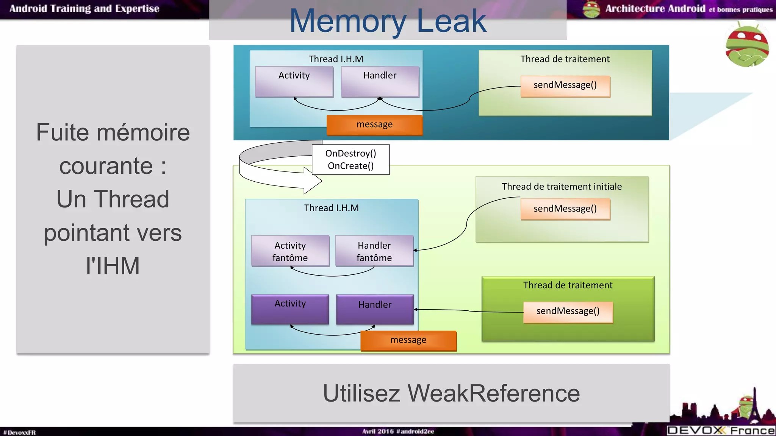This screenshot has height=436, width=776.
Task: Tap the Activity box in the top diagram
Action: tap(294, 81)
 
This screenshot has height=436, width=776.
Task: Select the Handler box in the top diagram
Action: tap(380, 81)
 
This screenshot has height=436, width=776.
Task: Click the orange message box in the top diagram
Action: tap(374, 125)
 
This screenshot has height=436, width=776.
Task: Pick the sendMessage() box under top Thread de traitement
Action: tap(565, 86)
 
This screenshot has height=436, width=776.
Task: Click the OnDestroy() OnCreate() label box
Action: tap(350, 159)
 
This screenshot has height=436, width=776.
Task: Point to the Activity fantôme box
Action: tap(290, 251)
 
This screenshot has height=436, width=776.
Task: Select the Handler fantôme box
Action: tap(374, 251)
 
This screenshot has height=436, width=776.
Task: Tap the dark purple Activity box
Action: tap(290, 309)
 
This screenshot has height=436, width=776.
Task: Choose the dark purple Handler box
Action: tap(374, 309)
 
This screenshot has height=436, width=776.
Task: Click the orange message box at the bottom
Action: tap(408, 340)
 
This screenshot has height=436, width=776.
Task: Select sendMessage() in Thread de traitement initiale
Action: tap(565, 209)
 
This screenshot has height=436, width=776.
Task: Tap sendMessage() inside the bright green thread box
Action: tap(568, 311)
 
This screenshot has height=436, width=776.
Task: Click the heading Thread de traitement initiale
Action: tap(562, 187)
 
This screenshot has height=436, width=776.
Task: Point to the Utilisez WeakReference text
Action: tap(451, 393)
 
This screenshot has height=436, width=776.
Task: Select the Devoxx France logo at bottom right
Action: tap(721, 430)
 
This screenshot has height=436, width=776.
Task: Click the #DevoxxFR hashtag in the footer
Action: tap(19, 432)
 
